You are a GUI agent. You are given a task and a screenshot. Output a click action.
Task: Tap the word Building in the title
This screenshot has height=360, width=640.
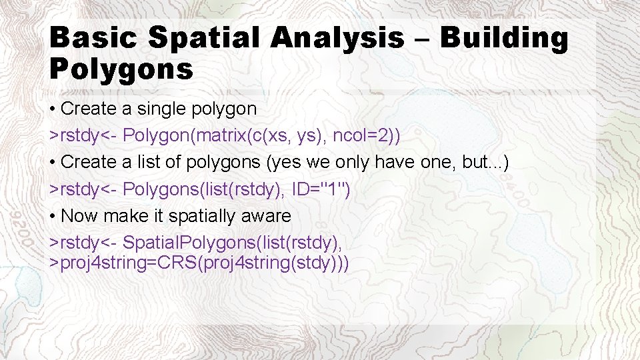click(x=504, y=38)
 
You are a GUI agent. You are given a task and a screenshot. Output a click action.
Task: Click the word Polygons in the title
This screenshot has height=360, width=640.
click(x=121, y=68)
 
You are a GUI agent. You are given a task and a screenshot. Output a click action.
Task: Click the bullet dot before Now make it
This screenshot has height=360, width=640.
click(x=53, y=217)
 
